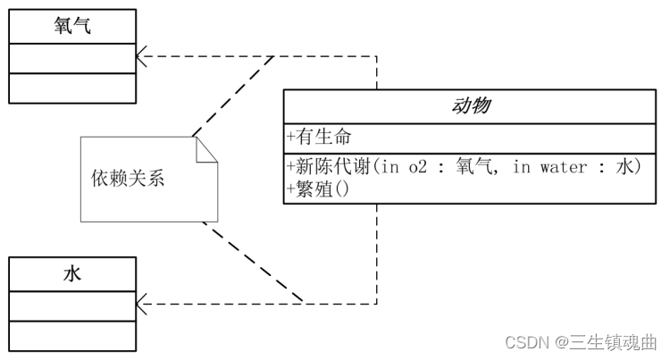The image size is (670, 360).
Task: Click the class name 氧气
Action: coord(72,26)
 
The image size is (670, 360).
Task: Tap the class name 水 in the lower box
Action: coord(72,273)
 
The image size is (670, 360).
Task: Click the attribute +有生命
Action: coord(319,137)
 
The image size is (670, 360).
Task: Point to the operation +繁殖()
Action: coord(319,188)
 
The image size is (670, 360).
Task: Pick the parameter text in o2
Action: coord(405,167)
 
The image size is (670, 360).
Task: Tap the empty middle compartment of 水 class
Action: coord(72,306)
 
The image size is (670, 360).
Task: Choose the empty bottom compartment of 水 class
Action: coord(72,335)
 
